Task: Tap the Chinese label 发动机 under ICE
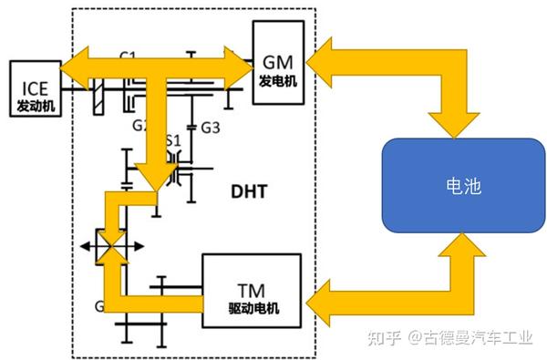[34, 107]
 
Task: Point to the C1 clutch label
[129, 57]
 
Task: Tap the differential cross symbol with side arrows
[108, 245]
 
